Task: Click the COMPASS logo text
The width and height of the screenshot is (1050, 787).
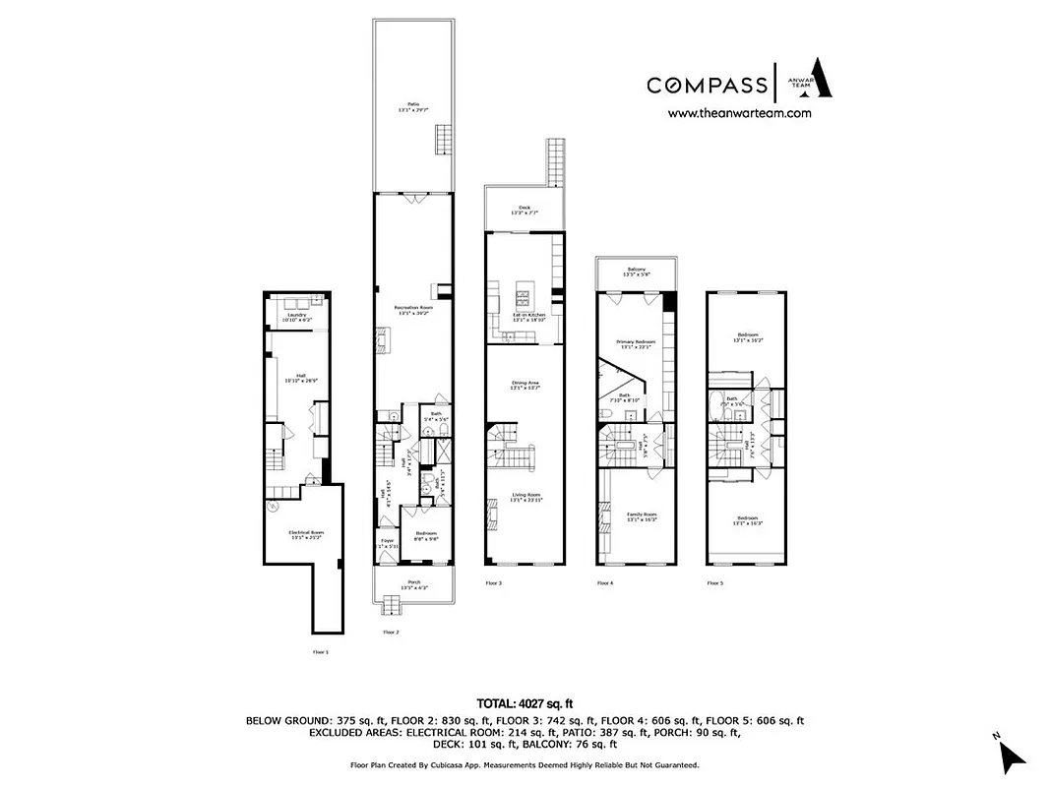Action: (707, 85)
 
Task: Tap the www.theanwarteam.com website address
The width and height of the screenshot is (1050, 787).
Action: (739, 113)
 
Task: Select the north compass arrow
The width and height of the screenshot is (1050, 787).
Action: (1011, 755)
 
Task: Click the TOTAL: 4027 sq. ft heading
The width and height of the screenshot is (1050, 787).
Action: (525, 703)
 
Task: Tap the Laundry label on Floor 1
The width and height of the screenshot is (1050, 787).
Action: (297, 317)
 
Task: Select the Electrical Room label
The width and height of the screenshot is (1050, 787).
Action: (305, 534)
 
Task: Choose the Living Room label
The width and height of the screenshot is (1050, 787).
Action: (525, 498)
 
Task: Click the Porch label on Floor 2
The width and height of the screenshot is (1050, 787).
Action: (413, 583)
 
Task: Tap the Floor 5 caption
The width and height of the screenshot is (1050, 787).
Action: (714, 583)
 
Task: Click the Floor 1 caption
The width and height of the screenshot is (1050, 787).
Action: (320, 651)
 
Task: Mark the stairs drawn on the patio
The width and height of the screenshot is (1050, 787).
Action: (443, 140)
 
